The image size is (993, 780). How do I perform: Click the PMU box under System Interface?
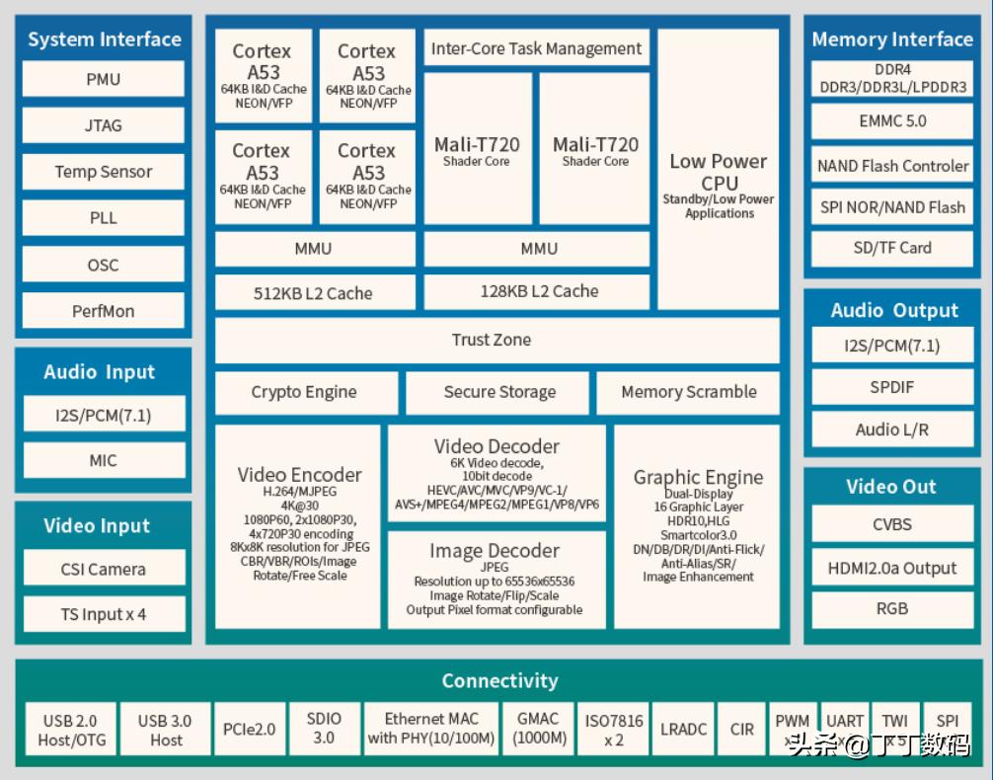[103, 79]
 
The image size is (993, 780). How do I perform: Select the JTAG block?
[103, 125]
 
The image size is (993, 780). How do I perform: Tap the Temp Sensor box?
[103, 172]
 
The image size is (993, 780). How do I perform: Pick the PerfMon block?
[103, 311]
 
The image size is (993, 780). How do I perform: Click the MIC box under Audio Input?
[103, 460]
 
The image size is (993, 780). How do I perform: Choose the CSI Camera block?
[103, 569]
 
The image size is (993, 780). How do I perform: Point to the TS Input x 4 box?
[103, 614]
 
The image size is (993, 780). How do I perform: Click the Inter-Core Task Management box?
[536, 48]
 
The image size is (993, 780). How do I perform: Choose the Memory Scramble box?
[688, 392]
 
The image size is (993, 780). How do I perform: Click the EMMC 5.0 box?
[892, 121]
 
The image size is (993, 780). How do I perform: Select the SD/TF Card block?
[892, 248]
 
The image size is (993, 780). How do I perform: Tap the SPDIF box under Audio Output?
[892, 387]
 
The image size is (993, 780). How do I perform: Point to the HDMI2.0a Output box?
[892, 568]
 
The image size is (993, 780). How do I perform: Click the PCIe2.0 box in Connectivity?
[249, 730]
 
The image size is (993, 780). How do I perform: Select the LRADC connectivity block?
[683, 730]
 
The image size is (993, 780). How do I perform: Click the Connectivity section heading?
[499, 680]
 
